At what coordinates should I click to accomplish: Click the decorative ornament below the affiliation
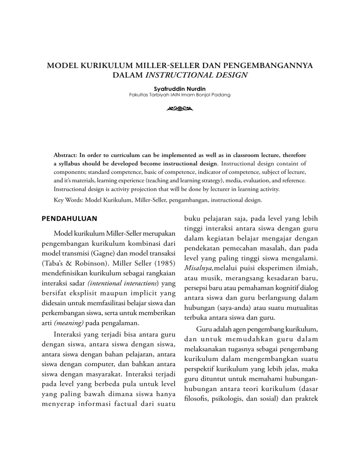coord(180,109)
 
